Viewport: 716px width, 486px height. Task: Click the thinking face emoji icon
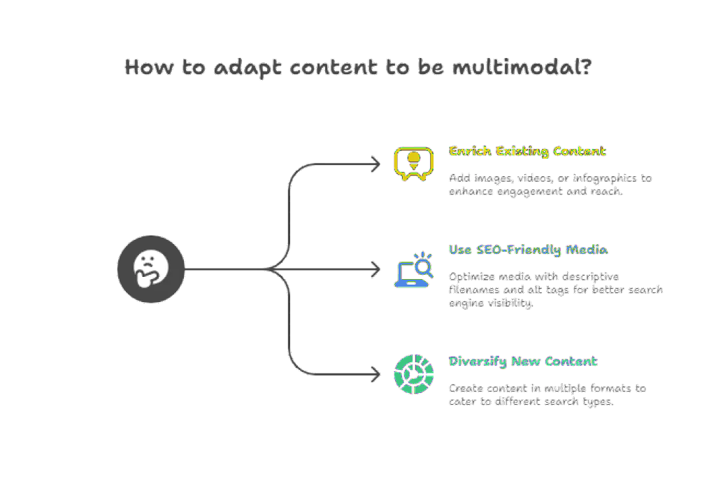pyautogui.click(x=150, y=269)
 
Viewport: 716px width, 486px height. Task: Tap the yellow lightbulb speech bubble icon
pyautogui.click(x=410, y=163)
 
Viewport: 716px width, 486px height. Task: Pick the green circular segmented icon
pyautogui.click(x=412, y=372)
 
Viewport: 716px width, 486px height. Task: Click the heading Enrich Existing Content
pyautogui.click(x=527, y=151)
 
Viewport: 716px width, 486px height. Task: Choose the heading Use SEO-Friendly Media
pyautogui.click(x=528, y=250)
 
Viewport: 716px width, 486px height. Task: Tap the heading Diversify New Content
pyautogui.click(x=522, y=362)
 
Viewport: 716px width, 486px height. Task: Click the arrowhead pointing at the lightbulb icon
pyautogui.click(x=375, y=165)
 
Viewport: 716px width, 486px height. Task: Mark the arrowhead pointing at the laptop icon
pyautogui.click(x=375, y=269)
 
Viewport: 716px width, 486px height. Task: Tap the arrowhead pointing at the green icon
pyautogui.click(x=375, y=375)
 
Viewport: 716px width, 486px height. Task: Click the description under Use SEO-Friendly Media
pyautogui.click(x=555, y=290)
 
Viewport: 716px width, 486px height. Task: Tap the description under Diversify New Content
pyautogui.click(x=547, y=394)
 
